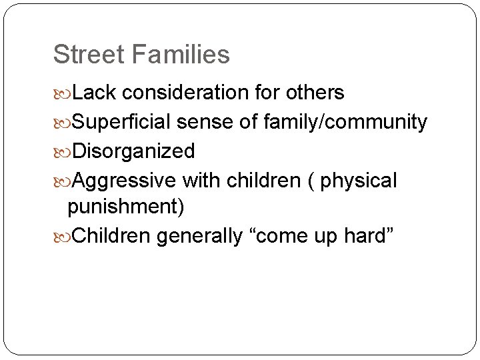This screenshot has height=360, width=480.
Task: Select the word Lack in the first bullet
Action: point(94,93)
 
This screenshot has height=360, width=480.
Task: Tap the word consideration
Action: point(185,93)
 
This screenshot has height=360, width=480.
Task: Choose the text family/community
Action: point(345,122)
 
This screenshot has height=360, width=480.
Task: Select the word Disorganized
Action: point(133,151)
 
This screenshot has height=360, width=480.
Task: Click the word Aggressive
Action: point(124,181)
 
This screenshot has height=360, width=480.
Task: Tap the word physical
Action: point(359,181)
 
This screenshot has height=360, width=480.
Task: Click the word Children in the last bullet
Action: point(111,236)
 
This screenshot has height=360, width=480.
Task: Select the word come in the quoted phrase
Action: point(278,236)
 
